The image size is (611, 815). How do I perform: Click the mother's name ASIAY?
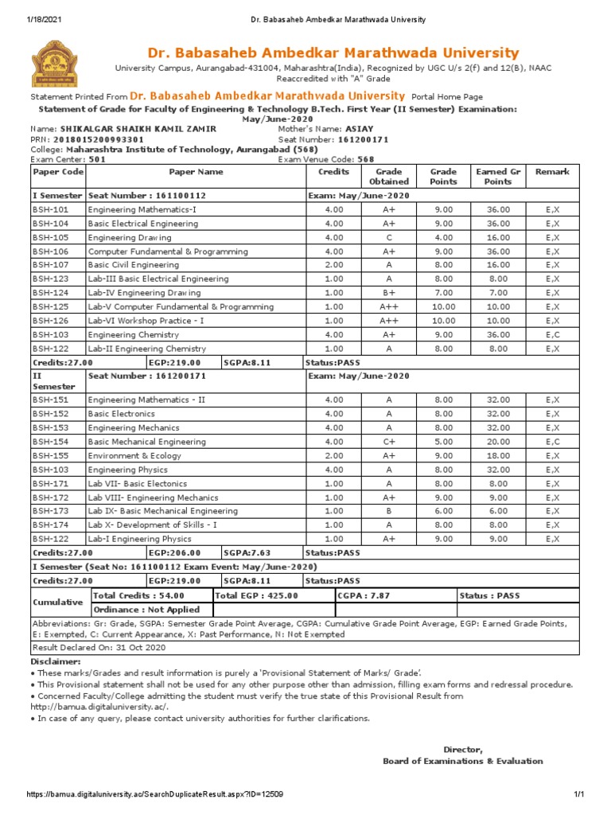coord(360,129)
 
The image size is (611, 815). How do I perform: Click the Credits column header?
coord(334,172)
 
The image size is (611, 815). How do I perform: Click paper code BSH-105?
coord(51,237)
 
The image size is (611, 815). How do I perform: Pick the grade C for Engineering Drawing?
coord(389,237)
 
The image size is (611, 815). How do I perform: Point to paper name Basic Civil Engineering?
coord(134,265)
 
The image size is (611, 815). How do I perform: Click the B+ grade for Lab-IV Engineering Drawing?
coord(389,293)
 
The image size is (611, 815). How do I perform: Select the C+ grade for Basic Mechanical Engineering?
coord(389,442)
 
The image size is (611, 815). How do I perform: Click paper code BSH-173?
coord(51,511)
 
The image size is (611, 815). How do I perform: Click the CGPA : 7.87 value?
coord(364,595)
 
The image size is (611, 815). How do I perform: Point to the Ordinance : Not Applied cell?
coord(147,610)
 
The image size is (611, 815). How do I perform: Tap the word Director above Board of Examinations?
coord(462,749)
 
